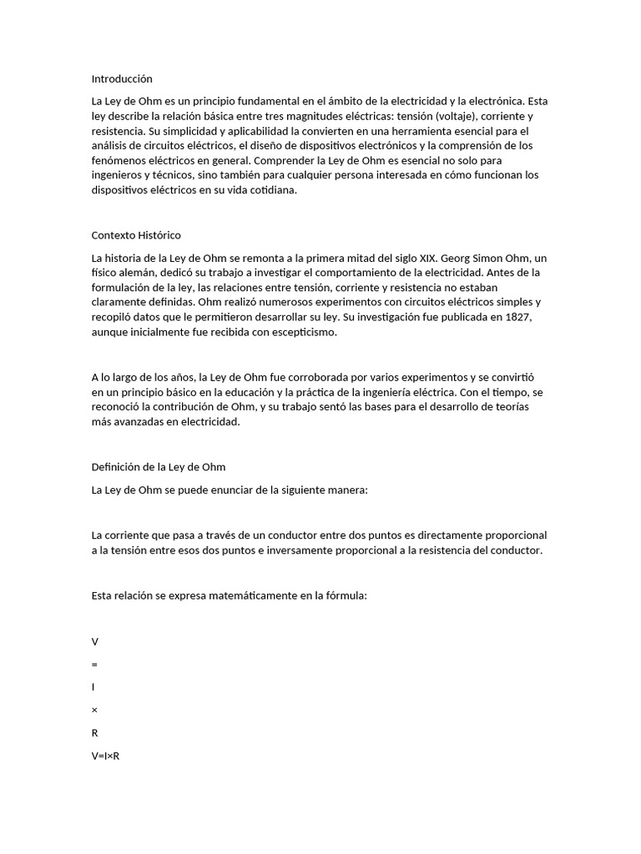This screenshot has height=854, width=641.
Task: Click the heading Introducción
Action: point(122,79)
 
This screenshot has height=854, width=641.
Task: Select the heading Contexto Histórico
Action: point(136,235)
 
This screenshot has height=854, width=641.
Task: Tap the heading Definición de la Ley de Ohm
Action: point(159,467)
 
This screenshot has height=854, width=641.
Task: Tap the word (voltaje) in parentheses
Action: point(454,116)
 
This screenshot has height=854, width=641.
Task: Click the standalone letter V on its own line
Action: point(95,642)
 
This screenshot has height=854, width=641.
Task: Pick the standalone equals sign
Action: point(94,665)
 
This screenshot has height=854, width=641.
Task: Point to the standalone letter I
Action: point(93,687)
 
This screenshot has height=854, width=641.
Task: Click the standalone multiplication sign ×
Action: point(94,711)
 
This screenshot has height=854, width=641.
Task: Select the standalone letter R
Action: point(95,733)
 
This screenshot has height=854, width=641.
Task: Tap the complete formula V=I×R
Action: point(106,756)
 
